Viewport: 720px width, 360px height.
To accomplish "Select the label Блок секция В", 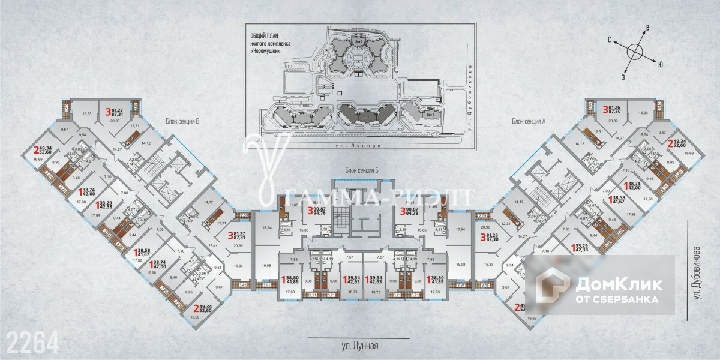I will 182,121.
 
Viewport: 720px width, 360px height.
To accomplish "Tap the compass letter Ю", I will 660,63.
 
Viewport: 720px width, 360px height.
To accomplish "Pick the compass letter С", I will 609,40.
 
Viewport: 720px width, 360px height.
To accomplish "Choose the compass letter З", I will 623,77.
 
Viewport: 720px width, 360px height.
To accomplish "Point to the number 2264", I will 33,343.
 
